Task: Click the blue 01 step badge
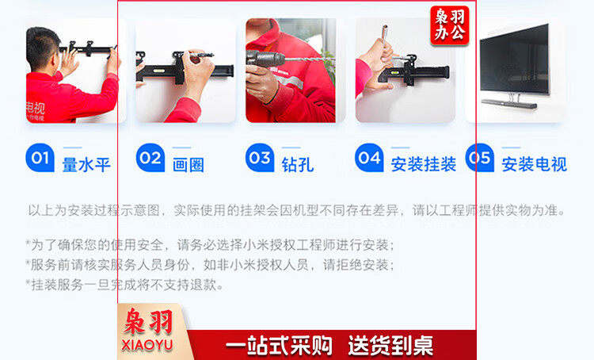[40, 158]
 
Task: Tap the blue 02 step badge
[150, 158]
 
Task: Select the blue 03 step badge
[260, 158]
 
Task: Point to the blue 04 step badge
[369, 158]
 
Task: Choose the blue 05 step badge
[480, 158]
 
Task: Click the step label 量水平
[86, 165]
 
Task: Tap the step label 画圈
[188, 165]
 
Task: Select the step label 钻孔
[297, 165]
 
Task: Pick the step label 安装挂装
[423, 165]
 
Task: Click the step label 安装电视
[534, 165]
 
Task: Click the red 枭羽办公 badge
[450, 25]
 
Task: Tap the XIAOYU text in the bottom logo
[147, 345]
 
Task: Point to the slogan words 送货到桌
[390, 345]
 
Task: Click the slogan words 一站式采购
[280, 345]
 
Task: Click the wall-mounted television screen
[514, 59]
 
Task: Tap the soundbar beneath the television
[508, 103]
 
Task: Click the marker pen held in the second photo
[201, 55]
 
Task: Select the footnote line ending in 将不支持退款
[124, 285]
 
